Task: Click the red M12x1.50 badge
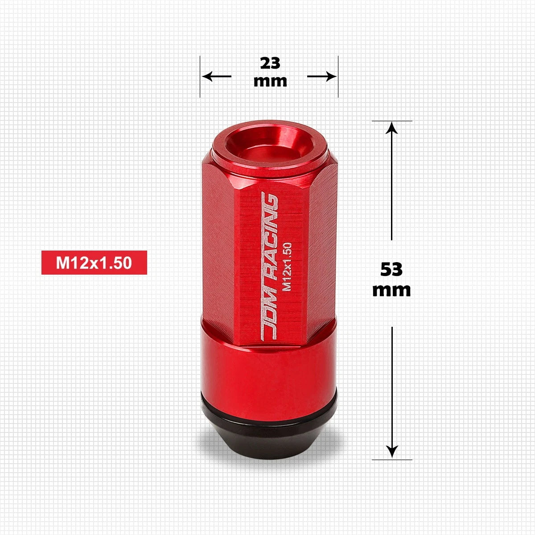tap(94, 262)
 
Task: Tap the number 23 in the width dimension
tap(270, 63)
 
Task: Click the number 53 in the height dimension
tap(391, 269)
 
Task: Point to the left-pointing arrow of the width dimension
tap(217, 76)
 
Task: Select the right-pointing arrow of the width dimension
tap(322, 76)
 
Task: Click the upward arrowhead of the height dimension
tap(391, 128)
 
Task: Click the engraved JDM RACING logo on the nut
tap(269, 266)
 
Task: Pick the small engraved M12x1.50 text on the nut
tap(287, 267)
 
